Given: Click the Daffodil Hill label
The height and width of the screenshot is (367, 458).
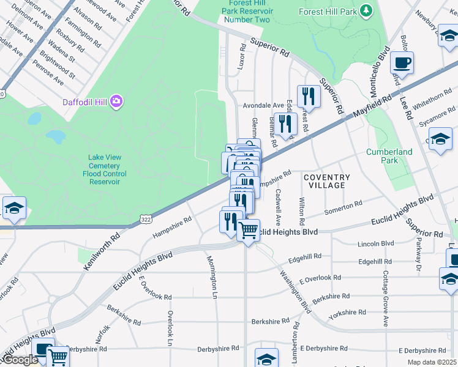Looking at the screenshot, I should [x=86, y=102].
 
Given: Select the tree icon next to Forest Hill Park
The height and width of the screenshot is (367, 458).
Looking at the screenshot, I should [x=366, y=10].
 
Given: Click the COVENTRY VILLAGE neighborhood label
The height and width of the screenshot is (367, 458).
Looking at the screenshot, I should [x=327, y=182].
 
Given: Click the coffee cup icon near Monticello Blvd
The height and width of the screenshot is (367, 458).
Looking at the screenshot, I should [x=402, y=62].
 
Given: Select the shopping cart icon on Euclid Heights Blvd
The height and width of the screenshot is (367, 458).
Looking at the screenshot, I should [x=248, y=231].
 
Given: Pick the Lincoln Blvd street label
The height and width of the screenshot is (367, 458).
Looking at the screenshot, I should [x=379, y=243].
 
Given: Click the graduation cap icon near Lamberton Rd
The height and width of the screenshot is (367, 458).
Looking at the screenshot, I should [x=267, y=358].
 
